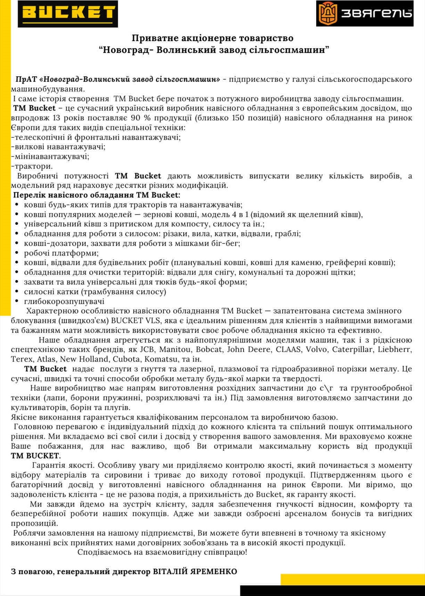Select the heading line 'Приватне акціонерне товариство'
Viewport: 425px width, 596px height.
coord(212,38)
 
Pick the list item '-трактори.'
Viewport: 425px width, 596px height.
coord(32,166)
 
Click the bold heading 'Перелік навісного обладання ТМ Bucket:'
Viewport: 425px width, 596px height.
coord(97,195)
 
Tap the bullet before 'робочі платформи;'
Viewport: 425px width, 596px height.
coord(17,253)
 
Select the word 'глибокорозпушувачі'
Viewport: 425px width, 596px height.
coord(64,301)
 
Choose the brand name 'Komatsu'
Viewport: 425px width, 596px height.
coord(161,359)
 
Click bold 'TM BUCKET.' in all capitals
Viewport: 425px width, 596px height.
coord(36,456)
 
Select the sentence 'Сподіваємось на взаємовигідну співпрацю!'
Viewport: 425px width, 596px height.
coord(162,552)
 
